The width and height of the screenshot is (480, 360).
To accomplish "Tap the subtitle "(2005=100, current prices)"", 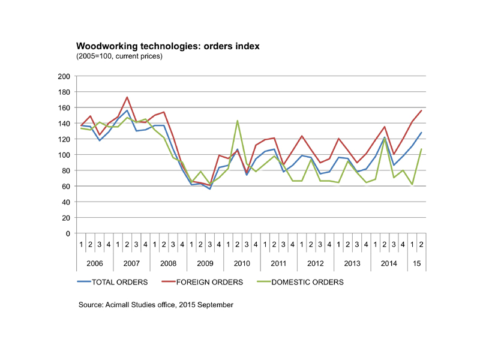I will click(119, 56).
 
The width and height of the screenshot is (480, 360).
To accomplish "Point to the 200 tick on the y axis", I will click(64, 77).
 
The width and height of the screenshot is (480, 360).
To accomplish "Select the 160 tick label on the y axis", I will click(64, 108).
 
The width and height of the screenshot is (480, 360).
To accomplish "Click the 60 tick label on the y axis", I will click(65, 186).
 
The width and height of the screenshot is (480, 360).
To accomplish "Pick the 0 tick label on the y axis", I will click(68, 233).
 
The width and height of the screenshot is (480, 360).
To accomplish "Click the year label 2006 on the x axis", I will click(95, 264).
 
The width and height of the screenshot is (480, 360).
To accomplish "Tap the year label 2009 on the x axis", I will click(205, 264).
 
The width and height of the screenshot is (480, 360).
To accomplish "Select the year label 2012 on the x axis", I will click(316, 264).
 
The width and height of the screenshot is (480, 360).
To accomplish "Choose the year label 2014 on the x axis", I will click(389, 264).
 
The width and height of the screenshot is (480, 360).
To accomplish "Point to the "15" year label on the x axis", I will click(416, 264).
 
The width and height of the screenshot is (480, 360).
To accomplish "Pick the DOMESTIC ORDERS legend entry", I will click(307, 281).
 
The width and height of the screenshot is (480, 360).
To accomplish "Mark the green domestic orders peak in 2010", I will click(238, 121).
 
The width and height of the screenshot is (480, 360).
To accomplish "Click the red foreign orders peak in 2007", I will click(127, 97).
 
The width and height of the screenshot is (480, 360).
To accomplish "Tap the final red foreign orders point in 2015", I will click(421, 110).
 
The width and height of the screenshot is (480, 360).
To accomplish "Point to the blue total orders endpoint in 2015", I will click(421, 133).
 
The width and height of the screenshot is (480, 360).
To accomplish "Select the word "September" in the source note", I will click(215, 305).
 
